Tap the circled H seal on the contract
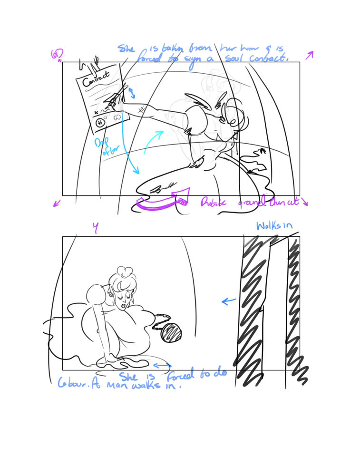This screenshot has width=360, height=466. point(100,123)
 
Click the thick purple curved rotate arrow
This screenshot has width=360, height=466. point(162,202)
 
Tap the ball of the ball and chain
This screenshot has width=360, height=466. point(170,332)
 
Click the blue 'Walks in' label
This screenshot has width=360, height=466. point(274,225)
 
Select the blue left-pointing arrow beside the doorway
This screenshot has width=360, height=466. point(229,301)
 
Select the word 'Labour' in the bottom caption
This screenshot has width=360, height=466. point(75,383)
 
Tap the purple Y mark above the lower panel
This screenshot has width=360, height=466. point(95,228)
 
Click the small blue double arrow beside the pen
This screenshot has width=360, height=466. point(132,92)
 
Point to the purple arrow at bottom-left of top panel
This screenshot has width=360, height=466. point(57,203)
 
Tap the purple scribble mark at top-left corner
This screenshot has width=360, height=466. point(57,55)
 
